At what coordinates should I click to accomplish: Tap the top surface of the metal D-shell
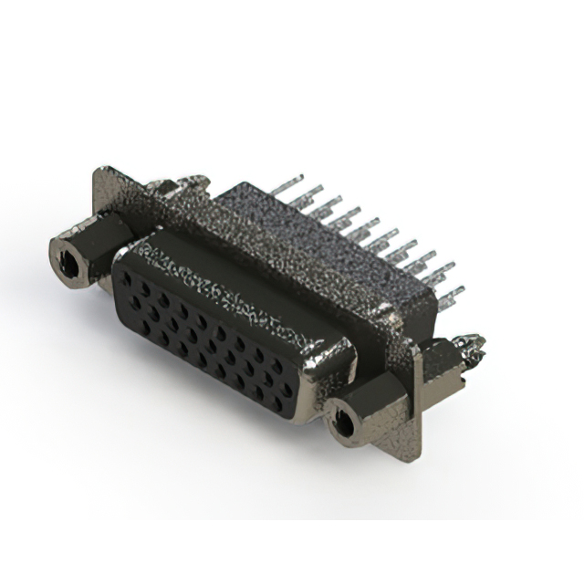point(228,278)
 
